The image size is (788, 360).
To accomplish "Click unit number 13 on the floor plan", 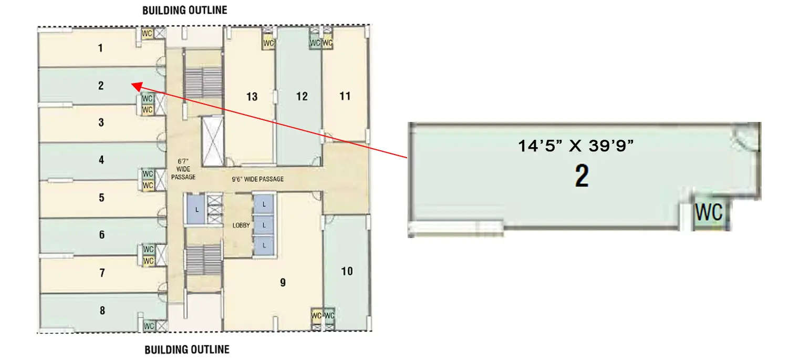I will tap(252, 97).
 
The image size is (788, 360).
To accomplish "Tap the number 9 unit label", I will tap(283, 283).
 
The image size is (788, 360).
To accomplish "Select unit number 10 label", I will tap(347, 272).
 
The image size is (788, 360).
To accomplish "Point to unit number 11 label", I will tap(345, 96).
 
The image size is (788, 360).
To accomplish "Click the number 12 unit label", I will tap(302, 97).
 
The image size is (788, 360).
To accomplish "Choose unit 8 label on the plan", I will tap(102, 311).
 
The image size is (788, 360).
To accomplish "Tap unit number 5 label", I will tap(101, 198).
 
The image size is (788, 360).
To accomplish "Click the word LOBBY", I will tap(240, 225).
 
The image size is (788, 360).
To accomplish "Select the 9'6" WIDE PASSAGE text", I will tap(257, 179).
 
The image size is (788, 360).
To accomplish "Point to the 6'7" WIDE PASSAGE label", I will tap(183, 169).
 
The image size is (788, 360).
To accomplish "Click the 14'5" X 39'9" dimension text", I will tap(577, 146).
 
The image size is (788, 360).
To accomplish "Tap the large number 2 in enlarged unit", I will tap(582, 177).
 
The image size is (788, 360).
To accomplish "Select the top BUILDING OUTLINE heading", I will tap(185, 10).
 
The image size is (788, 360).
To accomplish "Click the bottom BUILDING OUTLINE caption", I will tap(187, 349).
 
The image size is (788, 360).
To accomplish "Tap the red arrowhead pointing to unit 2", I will tap(134, 85).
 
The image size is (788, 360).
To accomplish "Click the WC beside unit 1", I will tap(147, 33).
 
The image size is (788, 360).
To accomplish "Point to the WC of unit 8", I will tap(149, 326).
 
